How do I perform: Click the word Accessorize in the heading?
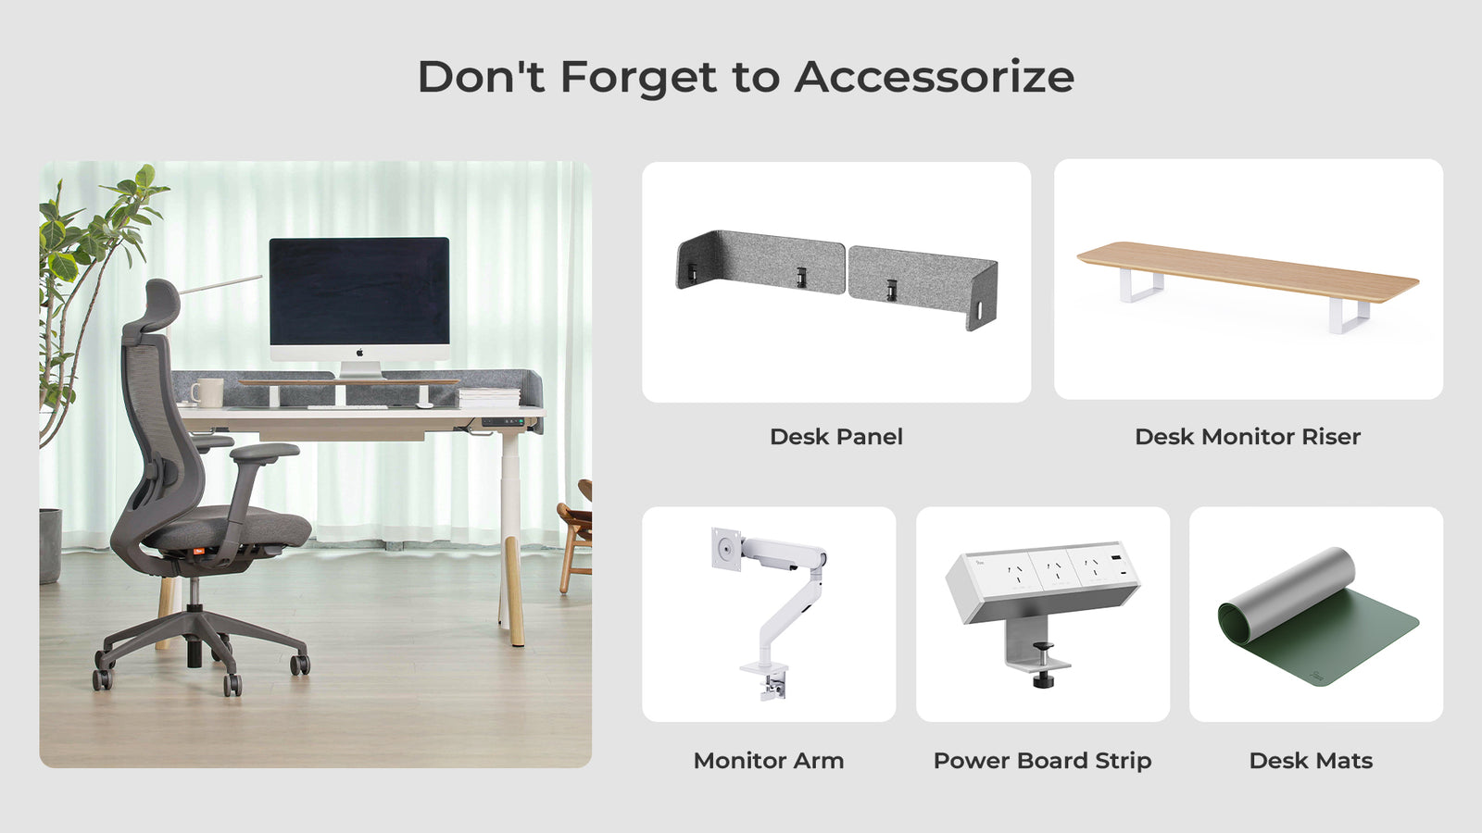click(935, 77)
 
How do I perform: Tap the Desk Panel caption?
click(836, 436)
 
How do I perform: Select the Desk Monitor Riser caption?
click(1248, 436)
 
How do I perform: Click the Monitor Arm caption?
click(769, 760)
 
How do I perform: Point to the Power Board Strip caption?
click(1043, 760)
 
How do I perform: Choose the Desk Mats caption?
click(1311, 760)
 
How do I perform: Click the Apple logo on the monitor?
click(360, 353)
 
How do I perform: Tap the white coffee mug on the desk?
click(207, 392)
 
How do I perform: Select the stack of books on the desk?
click(488, 397)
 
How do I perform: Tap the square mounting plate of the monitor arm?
click(726, 548)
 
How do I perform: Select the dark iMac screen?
click(359, 291)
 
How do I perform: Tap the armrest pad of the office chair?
click(265, 453)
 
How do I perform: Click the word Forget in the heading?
click(638, 78)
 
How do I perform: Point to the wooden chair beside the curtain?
click(575, 536)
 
